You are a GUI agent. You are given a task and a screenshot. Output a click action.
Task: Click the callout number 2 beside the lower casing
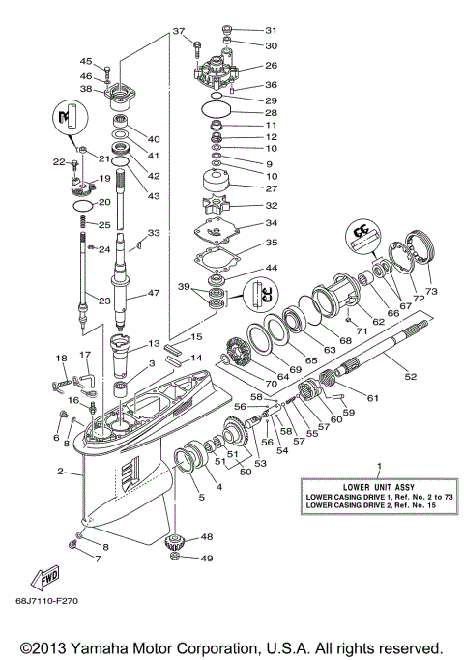(59, 472)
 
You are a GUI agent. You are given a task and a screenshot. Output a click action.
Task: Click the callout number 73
(431, 291)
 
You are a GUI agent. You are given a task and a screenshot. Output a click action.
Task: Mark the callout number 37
(178, 32)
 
